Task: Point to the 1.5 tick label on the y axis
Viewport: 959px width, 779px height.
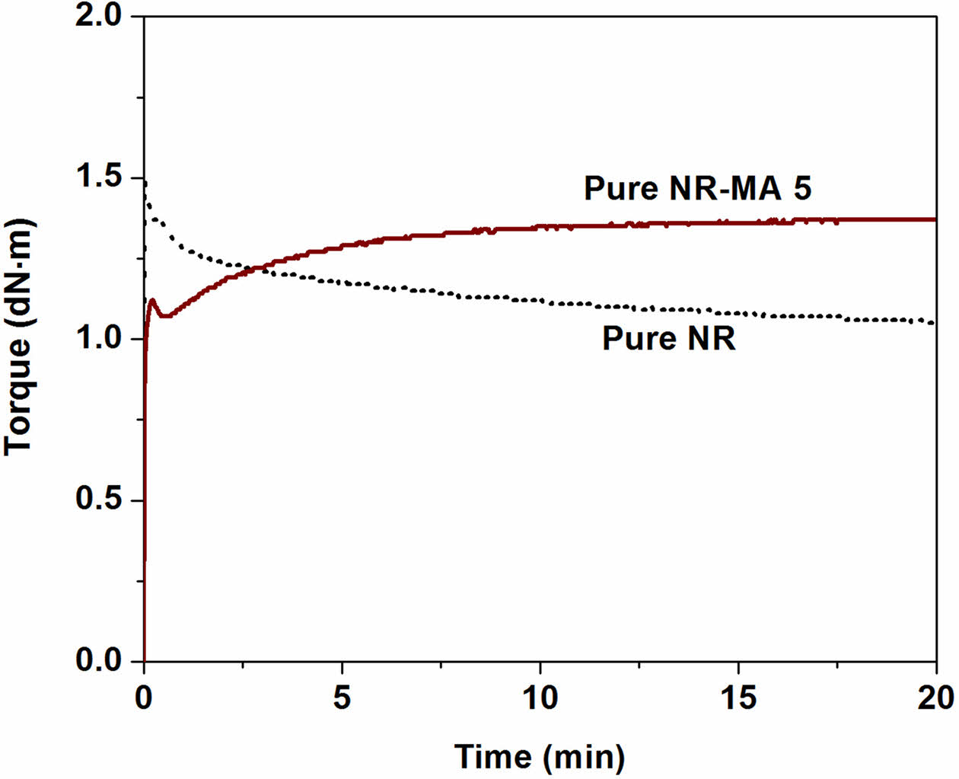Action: tap(101, 177)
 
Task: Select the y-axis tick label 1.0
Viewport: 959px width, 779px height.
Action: tap(101, 339)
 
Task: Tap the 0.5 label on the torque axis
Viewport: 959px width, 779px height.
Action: tap(101, 500)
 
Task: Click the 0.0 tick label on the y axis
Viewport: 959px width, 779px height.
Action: tap(101, 661)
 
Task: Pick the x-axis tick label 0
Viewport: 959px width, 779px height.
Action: tap(145, 697)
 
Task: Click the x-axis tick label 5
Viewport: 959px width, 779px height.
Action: tap(342, 697)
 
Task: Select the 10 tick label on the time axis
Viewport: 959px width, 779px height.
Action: tap(540, 697)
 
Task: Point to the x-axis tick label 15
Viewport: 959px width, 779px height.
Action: tap(738, 697)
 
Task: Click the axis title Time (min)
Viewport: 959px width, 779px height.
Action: tap(540, 756)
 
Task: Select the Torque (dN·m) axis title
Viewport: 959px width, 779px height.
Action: tap(18, 339)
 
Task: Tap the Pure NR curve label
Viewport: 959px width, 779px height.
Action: tap(669, 339)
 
